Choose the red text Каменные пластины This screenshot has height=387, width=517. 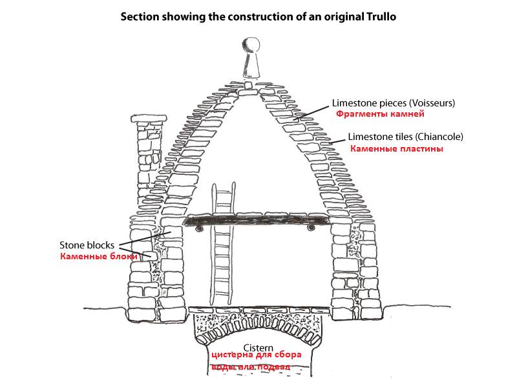[x=396, y=148]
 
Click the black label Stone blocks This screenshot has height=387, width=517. [x=87, y=245]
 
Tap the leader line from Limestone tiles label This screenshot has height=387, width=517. [x=337, y=141]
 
